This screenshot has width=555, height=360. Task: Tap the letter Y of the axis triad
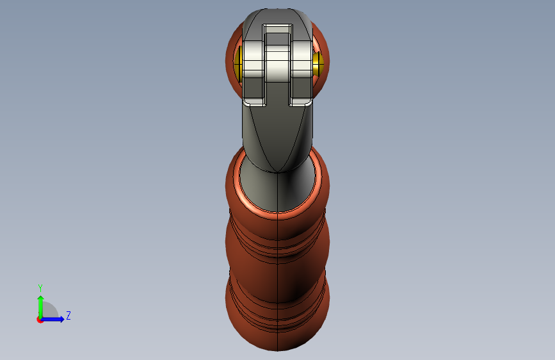pyautogui.click(x=40, y=288)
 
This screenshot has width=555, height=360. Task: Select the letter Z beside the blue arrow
pyautogui.click(x=68, y=315)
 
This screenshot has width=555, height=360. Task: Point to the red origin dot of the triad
pyautogui.click(x=40, y=320)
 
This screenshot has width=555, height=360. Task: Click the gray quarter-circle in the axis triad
pyautogui.click(x=50, y=309)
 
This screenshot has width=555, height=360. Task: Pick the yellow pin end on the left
pyautogui.click(x=238, y=63)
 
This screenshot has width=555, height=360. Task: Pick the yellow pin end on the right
pyautogui.click(x=318, y=63)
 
